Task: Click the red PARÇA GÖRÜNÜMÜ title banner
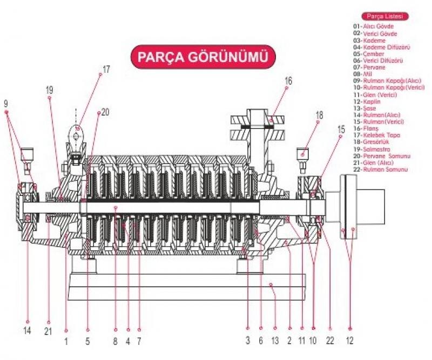(202, 57)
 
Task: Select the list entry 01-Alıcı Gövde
(374, 26)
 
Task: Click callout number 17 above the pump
(106, 69)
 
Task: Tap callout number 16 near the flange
(288, 80)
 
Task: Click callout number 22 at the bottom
(330, 341)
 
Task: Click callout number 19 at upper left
(49, 90)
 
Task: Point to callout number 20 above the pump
(105, 112)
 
